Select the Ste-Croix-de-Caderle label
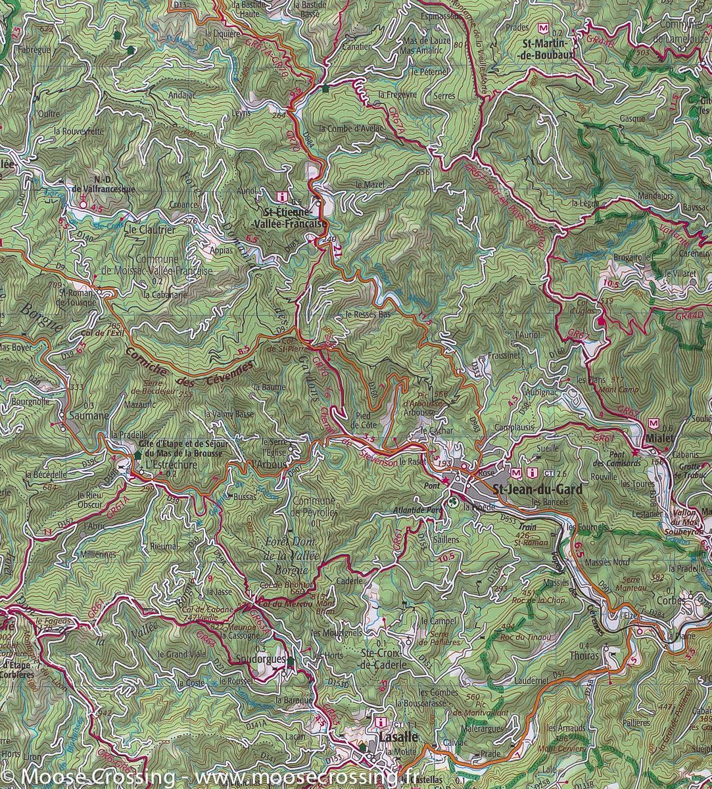click(385, 658)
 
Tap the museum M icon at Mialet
click(653, 424)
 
